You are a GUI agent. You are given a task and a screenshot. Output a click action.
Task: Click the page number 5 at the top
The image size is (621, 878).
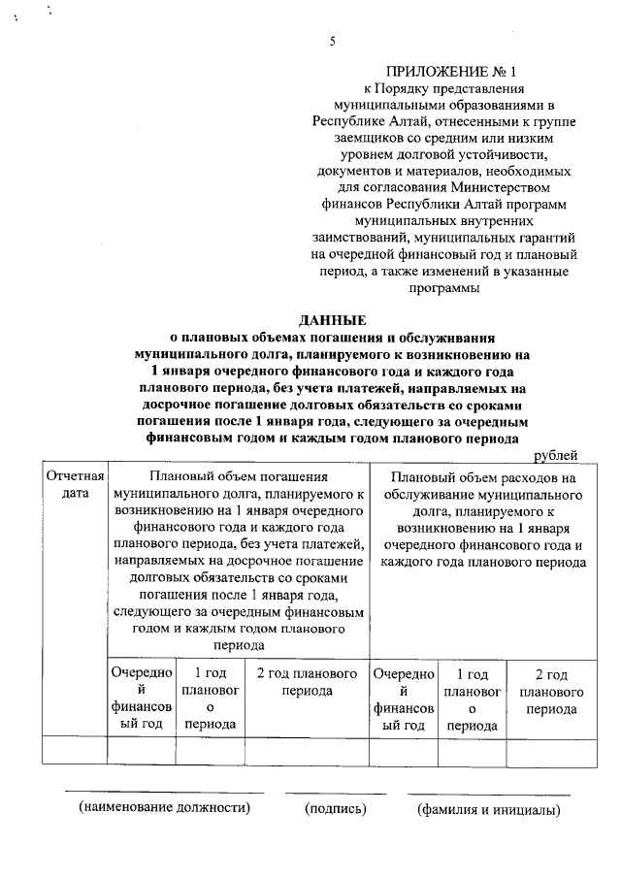[x=332, y=41]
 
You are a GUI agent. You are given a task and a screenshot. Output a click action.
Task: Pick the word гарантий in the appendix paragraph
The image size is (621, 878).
[x=539, y=237]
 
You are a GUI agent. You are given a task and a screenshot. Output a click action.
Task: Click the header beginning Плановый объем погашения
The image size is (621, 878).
[x=238, y=560]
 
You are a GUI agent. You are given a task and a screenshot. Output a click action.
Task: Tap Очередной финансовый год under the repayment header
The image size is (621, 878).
[x=142, y=699]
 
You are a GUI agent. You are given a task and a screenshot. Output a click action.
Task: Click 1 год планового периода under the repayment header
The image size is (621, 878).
[x=212, y=699]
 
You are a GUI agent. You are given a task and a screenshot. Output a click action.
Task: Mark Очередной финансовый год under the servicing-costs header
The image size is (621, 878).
[x=404, y=699]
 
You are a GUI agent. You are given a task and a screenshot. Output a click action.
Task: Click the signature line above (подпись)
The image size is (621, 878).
[x=335, y=795]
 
